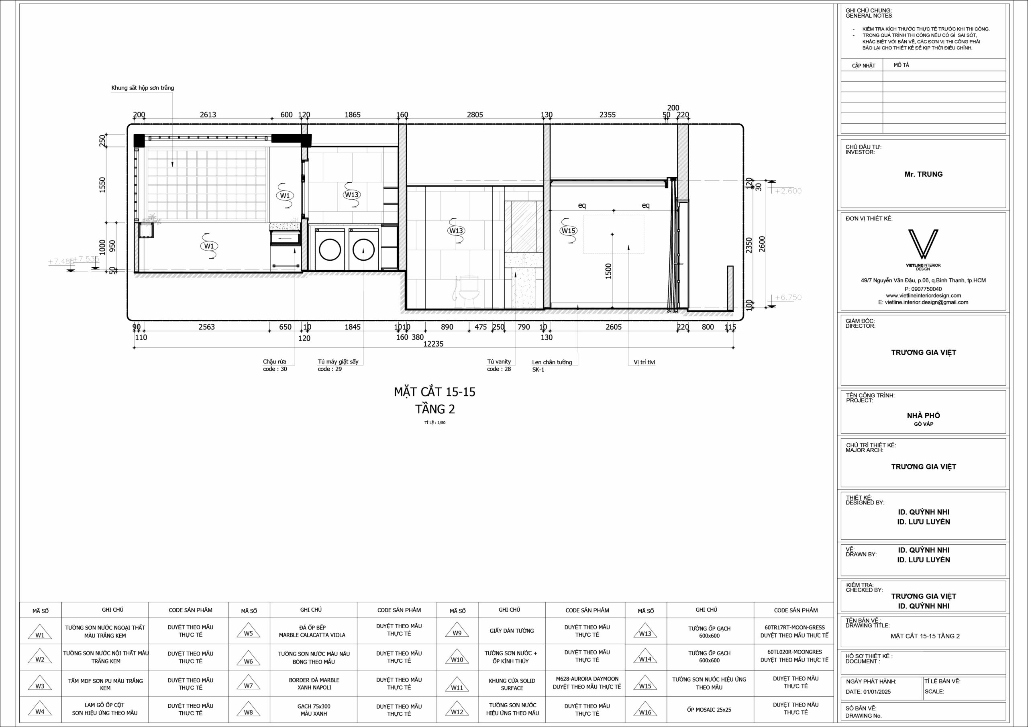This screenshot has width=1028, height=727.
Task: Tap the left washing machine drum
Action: pyautogui.click(x=330, y=250)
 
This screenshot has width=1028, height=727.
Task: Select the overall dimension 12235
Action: pyautogui.click(x=433, y=343)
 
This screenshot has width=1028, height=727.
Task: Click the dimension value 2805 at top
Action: pyautogui.click(x=475, y=114)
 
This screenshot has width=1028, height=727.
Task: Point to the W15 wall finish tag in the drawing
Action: pyautogui.click(x=568, y=231)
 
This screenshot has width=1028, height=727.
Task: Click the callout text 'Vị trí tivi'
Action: pyautogui.click(x=644, y=362)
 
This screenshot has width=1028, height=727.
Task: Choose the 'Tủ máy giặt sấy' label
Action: pyautogui.click(x=338, y=361)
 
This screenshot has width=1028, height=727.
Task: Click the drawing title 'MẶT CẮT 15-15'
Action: pyautogui.click(x=434, y=392)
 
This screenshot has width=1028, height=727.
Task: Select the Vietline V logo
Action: pyautogui.click(x=923, y=245)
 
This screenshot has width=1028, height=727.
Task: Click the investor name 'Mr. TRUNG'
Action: pyautogui.click(x=923, y=174)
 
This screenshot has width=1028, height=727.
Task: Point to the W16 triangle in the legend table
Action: pyautogui.click(x=645, y=710)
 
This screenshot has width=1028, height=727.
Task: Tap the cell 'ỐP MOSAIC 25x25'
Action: pyautogui.click(x=709, y=710)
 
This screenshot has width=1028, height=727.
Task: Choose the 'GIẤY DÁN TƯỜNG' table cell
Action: pyautogui.click(x=512, y=631)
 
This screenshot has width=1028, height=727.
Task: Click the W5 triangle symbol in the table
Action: pyautogui.click(x=249, y=631)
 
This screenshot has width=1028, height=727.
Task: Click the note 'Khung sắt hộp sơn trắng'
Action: pyautogui.click(x=143, y=88)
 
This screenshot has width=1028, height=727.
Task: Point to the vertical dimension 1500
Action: pyautogui.click(x=608, y=271)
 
